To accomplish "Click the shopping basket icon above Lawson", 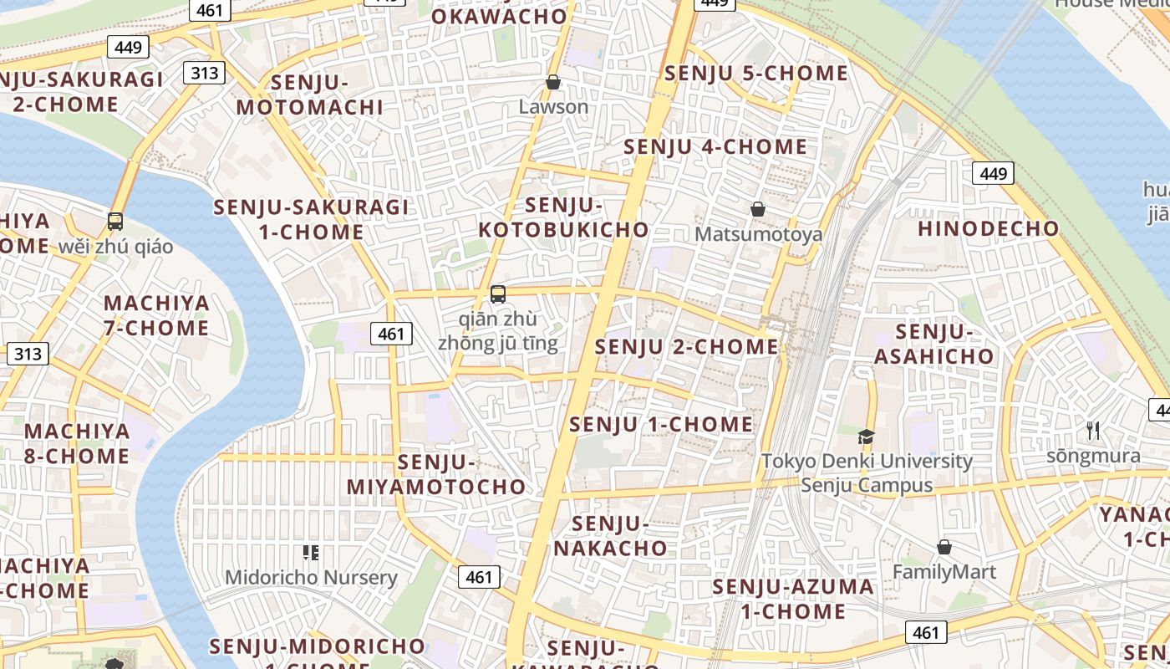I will click(552, 82).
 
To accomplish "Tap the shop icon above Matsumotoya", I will click(758, 209).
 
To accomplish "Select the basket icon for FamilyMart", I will click(944, 547).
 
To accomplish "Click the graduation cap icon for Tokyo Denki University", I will click(867, 437).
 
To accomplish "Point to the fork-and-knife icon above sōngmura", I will click(1093, 431).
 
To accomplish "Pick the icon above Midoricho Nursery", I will click(311, 553).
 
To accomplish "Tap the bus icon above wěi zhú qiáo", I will click(115, 222).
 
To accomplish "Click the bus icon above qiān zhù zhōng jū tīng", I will click(498, 294).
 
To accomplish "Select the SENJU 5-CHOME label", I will click(756, 74).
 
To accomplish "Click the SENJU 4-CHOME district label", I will click(715, 147).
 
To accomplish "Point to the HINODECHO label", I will click(989, 228).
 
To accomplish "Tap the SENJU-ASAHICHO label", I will click(934, 345).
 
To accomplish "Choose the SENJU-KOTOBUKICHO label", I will click(564, 217).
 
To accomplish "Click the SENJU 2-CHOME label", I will click(686, 346).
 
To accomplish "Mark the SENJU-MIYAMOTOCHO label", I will click(436, 474).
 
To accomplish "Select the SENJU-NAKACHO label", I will click(611, 536).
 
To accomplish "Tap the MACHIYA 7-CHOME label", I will click(156, 315).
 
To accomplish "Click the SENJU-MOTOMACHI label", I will click(309, 94).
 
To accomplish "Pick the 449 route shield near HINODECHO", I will click(993, 173).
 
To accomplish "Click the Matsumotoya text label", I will click(759, 234).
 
